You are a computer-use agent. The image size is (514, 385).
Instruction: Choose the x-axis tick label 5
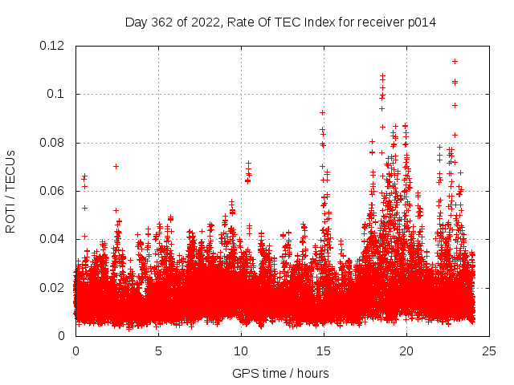click(158, 351)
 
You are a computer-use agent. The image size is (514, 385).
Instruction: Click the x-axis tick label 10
click(241, 351)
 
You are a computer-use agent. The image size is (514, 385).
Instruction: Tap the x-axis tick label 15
click(324, 351)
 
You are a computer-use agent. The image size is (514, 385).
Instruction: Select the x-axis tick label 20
click(406, 351)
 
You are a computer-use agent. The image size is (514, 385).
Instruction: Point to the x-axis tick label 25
click(489, 351)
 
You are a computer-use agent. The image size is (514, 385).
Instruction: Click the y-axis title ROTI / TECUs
click(11, 191)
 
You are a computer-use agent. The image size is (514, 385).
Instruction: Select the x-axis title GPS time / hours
click(280, 373)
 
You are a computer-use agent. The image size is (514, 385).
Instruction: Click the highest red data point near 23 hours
click(455, 61)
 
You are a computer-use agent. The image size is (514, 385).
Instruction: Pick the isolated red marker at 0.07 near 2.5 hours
click(116, 166)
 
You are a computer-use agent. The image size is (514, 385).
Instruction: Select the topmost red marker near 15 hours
click(322, 112)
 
